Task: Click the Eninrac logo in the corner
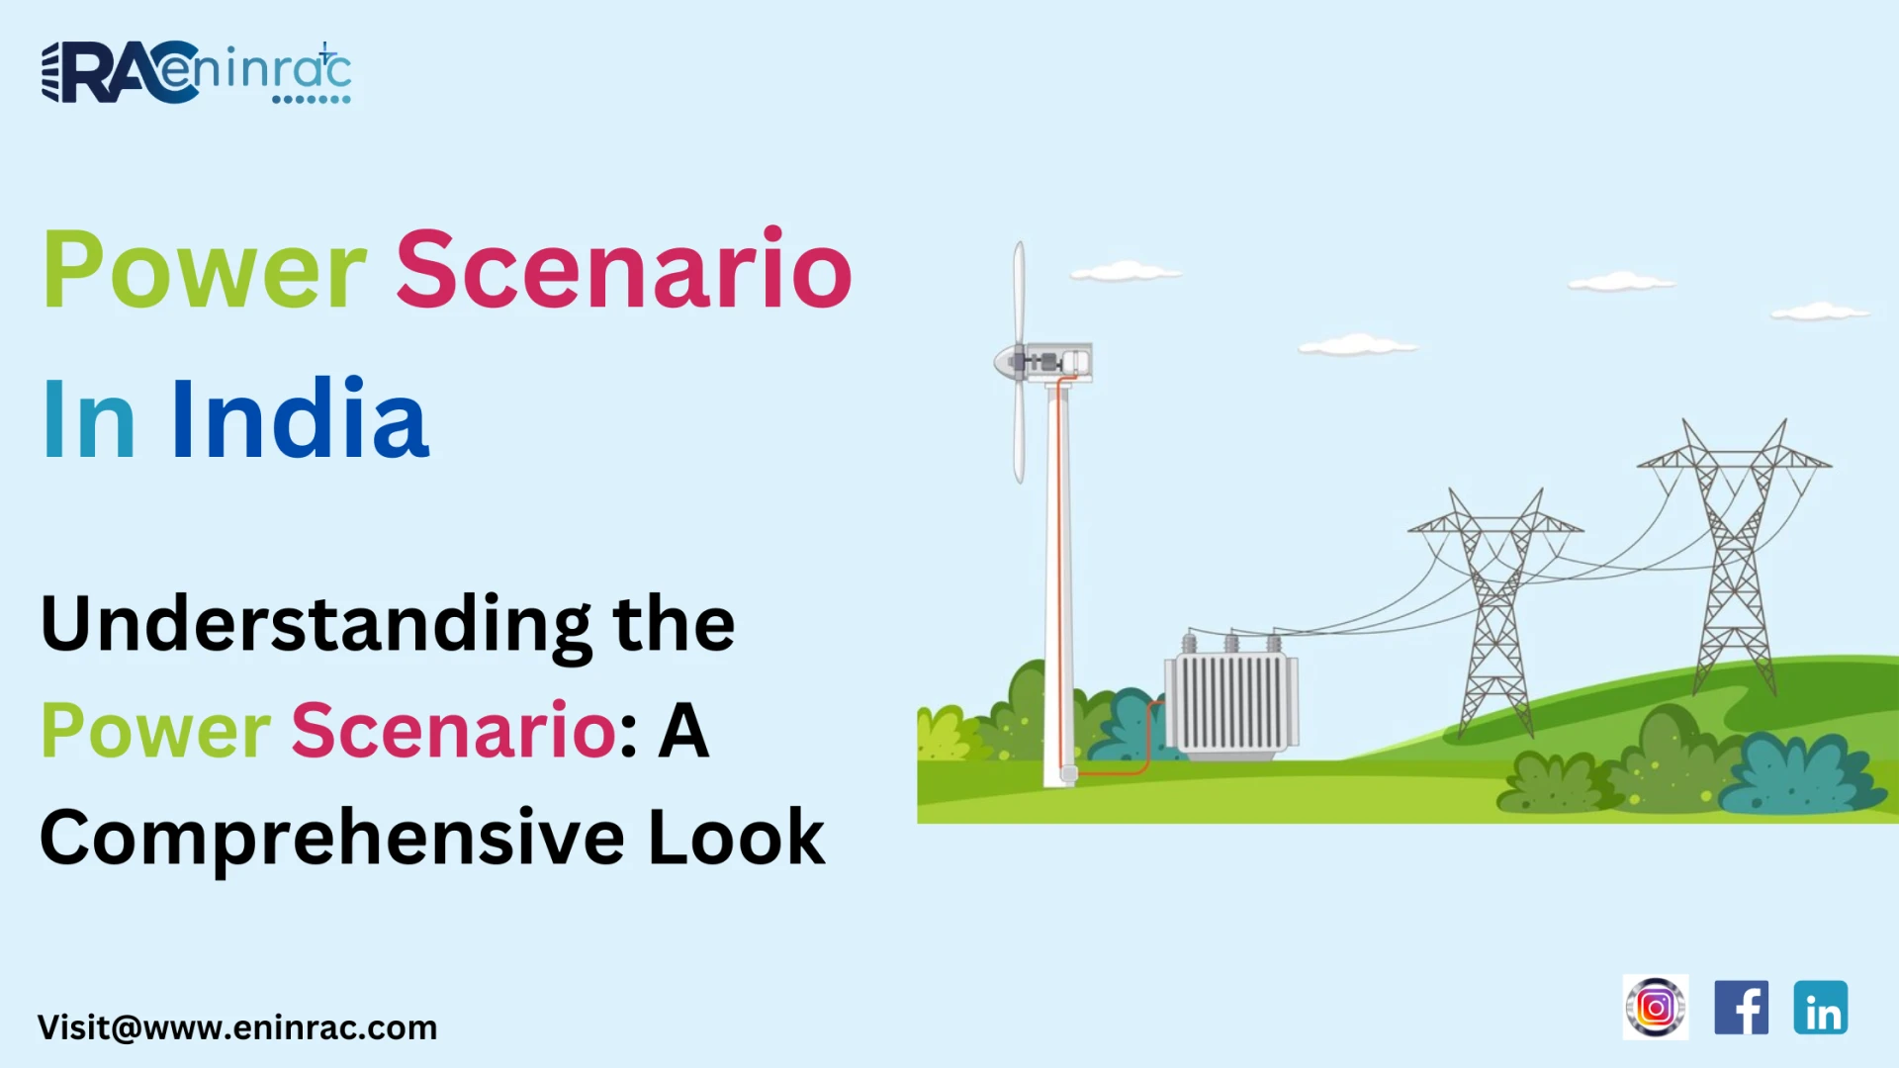pos(196,72)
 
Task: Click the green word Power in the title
pos(205,270)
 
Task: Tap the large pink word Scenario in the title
pos(623,270)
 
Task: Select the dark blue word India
pos(301,419)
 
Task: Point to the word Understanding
pos(316,625)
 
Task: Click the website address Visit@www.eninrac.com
pos(237,1027)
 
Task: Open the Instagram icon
pos(1656,1008)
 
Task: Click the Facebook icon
pos(1741,1008)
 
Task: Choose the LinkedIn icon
pos(1821,1008)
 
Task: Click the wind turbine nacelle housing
pos(1058,362)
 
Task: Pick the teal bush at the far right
pos(1800,776)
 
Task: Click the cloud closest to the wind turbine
pos(1125,271)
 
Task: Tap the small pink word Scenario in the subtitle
pos(454,732)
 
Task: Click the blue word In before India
pos(89,421)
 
